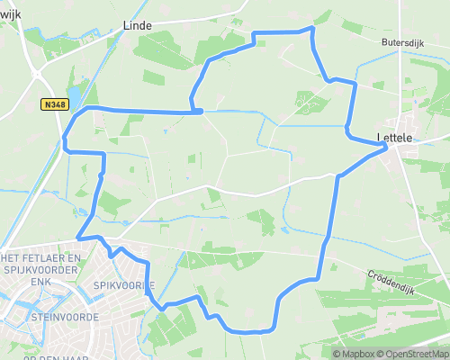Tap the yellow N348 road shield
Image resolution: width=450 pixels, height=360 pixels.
point(54,104)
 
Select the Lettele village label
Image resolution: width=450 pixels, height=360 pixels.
point(394,138)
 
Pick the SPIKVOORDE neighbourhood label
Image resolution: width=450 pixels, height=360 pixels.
point(124,285)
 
